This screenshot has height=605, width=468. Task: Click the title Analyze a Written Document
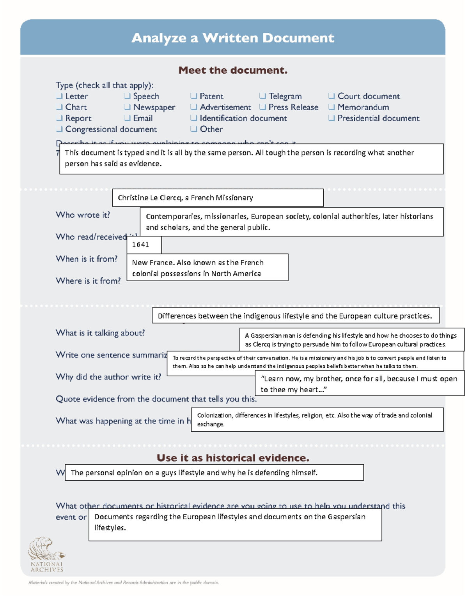233,38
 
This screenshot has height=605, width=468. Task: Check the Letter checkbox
59,96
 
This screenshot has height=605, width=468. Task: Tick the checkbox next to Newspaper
127,107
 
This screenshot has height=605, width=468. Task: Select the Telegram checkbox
262,96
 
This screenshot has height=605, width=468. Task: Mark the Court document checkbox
331,96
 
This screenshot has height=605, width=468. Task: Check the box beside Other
194,129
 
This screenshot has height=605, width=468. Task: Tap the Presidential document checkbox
331,118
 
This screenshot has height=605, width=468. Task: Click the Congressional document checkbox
59,129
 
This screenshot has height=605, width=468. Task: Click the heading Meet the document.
233,70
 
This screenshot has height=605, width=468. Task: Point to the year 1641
140,245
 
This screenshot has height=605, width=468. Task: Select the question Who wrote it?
83,215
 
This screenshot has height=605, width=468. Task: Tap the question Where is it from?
88,280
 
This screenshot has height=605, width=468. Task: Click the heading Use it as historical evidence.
233,458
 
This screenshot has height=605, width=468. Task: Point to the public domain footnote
124,583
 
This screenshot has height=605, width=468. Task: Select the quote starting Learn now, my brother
359,384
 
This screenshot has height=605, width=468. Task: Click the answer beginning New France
198,268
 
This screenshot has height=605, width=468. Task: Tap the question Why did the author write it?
108,377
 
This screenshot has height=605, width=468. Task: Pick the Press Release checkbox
262,107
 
